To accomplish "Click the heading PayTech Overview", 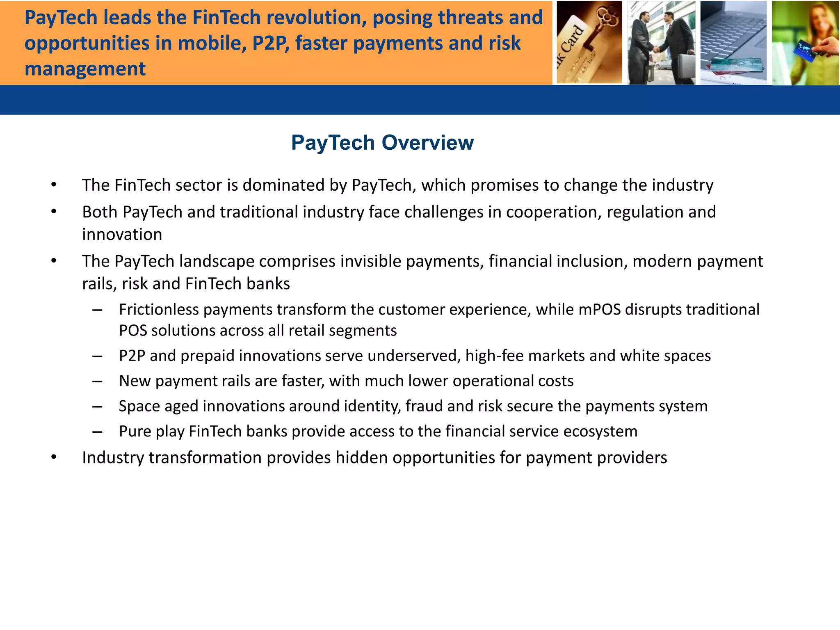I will [x=382, y=143].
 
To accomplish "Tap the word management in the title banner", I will [x=85, y=68].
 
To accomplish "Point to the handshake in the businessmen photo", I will [x=655, y=49].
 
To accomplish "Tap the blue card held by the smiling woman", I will [x=804, y=51].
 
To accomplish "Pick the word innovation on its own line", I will [x=122, y=235].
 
